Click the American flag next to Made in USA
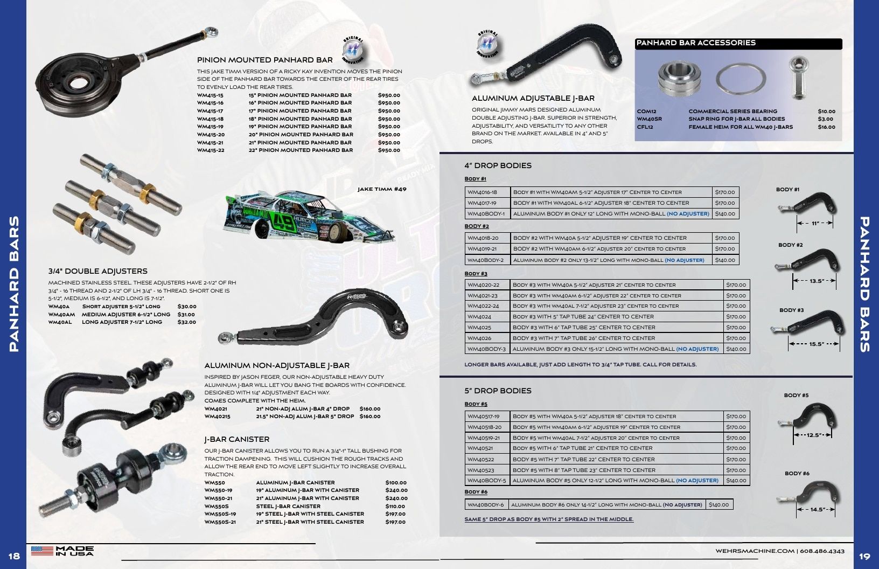(x=42, y=551)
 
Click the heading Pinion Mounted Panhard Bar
(x=265, y=60)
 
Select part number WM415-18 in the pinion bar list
(x=211, y=119)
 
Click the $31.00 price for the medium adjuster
(x=186, y=314)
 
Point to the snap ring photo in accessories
(x=741, y=79)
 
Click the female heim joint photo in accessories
(x=798, y=78)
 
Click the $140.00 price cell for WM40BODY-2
(x=725, y=260)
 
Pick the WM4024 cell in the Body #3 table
(x=487, y=316)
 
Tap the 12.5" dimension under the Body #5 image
(x=813, y=435)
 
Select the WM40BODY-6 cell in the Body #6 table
(x=486, y=504)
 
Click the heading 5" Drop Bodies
(x=498, y=391)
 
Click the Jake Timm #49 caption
(x=382, y=189)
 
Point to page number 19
(x=865, y=556)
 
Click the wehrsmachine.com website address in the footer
(x=755, y=551)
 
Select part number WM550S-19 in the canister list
(x=220, y=514)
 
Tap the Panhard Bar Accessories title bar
(x=738, y=43)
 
